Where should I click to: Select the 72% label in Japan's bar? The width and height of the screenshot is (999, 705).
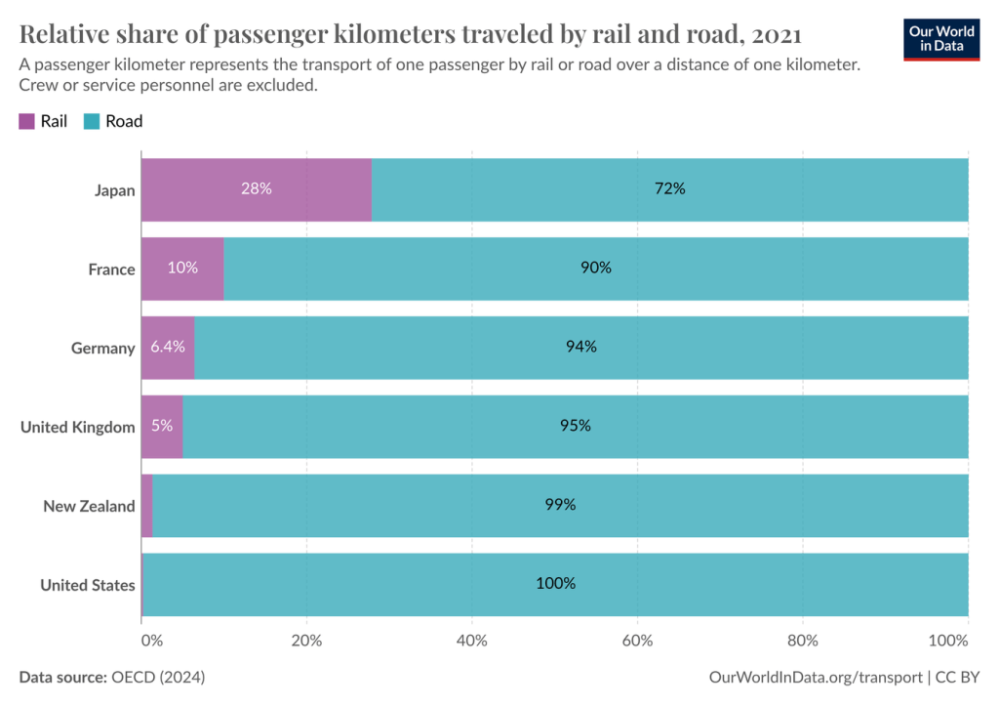(670, 188)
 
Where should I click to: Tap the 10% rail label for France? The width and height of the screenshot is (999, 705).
(182, 268)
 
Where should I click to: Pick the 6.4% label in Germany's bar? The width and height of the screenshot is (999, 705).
(168, 347)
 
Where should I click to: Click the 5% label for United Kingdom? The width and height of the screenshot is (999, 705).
(162, 426)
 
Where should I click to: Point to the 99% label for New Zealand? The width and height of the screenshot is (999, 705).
(560, 505)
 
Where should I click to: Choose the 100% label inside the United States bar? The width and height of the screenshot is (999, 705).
(555, 584)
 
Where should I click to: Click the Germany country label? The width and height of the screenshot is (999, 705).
(102, 348)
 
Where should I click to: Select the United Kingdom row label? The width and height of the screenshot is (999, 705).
(77, 427)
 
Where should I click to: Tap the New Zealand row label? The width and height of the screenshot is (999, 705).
(89, 506)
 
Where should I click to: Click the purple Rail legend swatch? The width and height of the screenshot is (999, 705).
(26, 122)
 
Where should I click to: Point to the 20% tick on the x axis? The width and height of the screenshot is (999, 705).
(306, 641)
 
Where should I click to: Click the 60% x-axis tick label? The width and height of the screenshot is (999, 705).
(637, 641)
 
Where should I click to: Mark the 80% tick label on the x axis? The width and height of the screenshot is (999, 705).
(802, 641)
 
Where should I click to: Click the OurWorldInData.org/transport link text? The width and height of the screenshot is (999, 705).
(816, 677)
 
